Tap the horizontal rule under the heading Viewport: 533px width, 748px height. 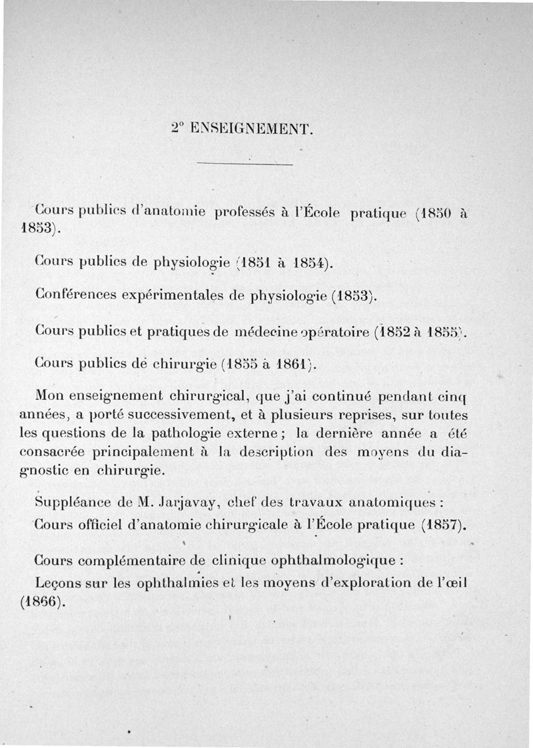coord(246,164)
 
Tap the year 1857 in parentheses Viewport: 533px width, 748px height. coord(442,524)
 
